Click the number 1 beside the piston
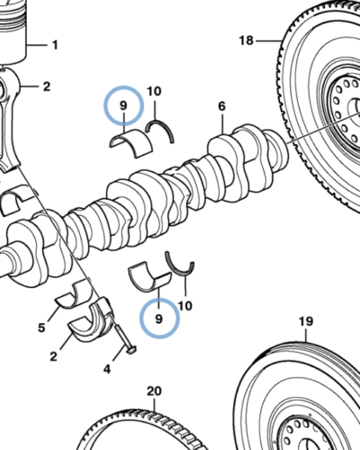tap(53, 44)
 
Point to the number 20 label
tap(153, 391)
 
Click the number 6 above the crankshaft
tap(221, 107)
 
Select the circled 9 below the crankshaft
tap(159, 318)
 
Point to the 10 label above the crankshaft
tap(154, 92)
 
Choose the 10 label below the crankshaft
tap(185, 306)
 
